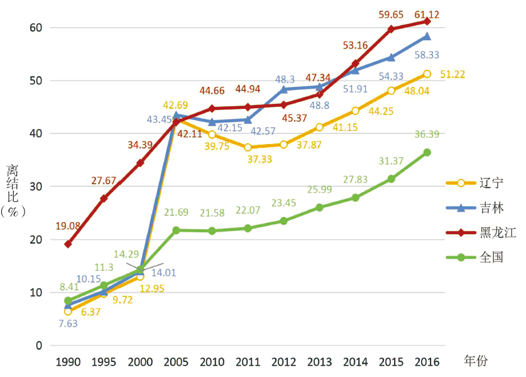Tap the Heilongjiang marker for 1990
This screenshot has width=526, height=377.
click(68, 244)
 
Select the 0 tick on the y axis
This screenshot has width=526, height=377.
click(38, 346)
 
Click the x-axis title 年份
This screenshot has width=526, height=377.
click(476, 361)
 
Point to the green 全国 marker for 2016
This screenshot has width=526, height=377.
click(427, 152)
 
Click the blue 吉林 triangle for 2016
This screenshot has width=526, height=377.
click(427, 37)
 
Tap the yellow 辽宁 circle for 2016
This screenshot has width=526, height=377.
click(427, 74)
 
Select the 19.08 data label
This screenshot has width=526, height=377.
click(68, 225)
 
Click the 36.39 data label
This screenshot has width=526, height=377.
click(427, 134)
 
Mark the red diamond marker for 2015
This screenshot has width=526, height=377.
click(391, 29)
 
